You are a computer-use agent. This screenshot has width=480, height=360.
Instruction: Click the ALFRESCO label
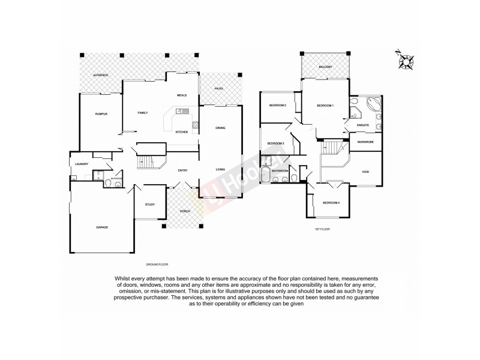click(100, 75)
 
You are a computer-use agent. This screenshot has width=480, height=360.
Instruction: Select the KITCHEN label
click(181, 132)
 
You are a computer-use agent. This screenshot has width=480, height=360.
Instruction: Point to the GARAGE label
click(102, 228)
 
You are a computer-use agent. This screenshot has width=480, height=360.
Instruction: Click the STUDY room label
click(150, 205)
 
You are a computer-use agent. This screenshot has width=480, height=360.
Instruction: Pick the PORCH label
click(184, 211)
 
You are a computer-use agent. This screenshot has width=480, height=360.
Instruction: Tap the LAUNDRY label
click(82, 164)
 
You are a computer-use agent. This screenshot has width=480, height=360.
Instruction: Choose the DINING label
click(220, 128)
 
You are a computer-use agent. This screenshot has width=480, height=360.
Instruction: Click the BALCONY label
click(326, 67)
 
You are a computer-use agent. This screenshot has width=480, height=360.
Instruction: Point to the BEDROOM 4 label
click(331, 203)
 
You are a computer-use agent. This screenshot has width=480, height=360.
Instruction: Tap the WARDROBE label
click(365, 142)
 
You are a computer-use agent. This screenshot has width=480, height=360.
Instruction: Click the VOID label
click(365, 172)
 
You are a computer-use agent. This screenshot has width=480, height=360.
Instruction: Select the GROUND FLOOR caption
click(157, 264)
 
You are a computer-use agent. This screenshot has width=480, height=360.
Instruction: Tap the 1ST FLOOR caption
click(322, 229)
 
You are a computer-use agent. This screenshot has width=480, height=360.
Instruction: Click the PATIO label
click(220, 89)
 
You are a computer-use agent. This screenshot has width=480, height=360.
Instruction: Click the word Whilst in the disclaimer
click(123, 278)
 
